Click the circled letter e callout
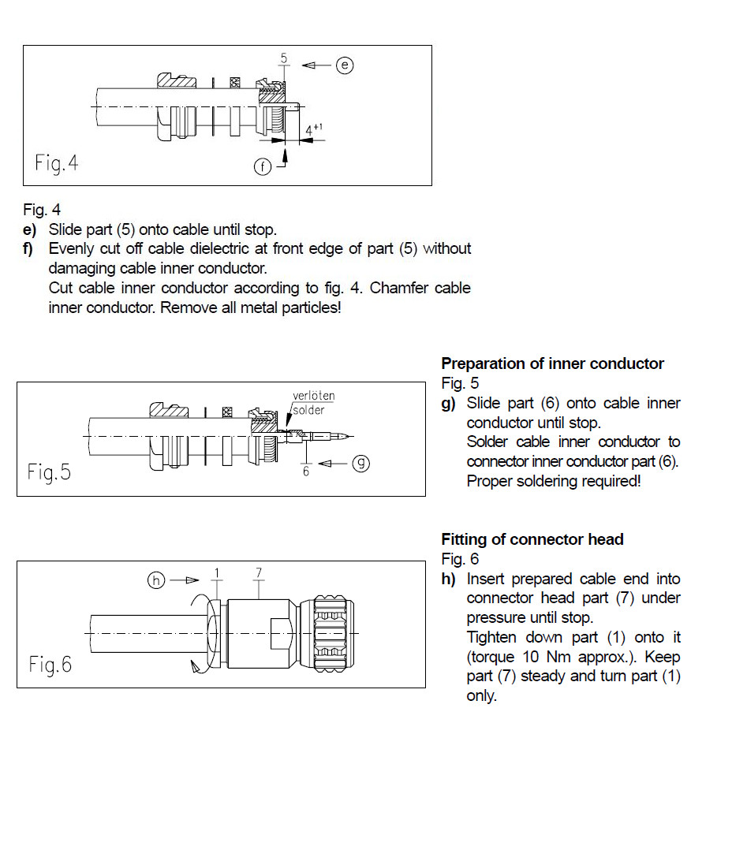tap(345, 65)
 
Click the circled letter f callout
tap(263, 166)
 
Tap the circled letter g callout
tap(360, 463)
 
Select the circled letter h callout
tap(158, 580)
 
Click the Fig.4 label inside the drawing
tap(57, 163)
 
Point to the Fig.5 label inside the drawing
tap(49, 471)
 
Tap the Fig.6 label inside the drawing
tap(50, 664)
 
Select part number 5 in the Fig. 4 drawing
tap(283, 58)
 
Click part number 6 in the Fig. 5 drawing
tap(306, 471)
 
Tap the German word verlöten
tap(313, 396)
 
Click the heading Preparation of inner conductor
tap(552, 363)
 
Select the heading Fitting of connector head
tap(532, 539)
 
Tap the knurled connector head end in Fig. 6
tap(334, 633)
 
